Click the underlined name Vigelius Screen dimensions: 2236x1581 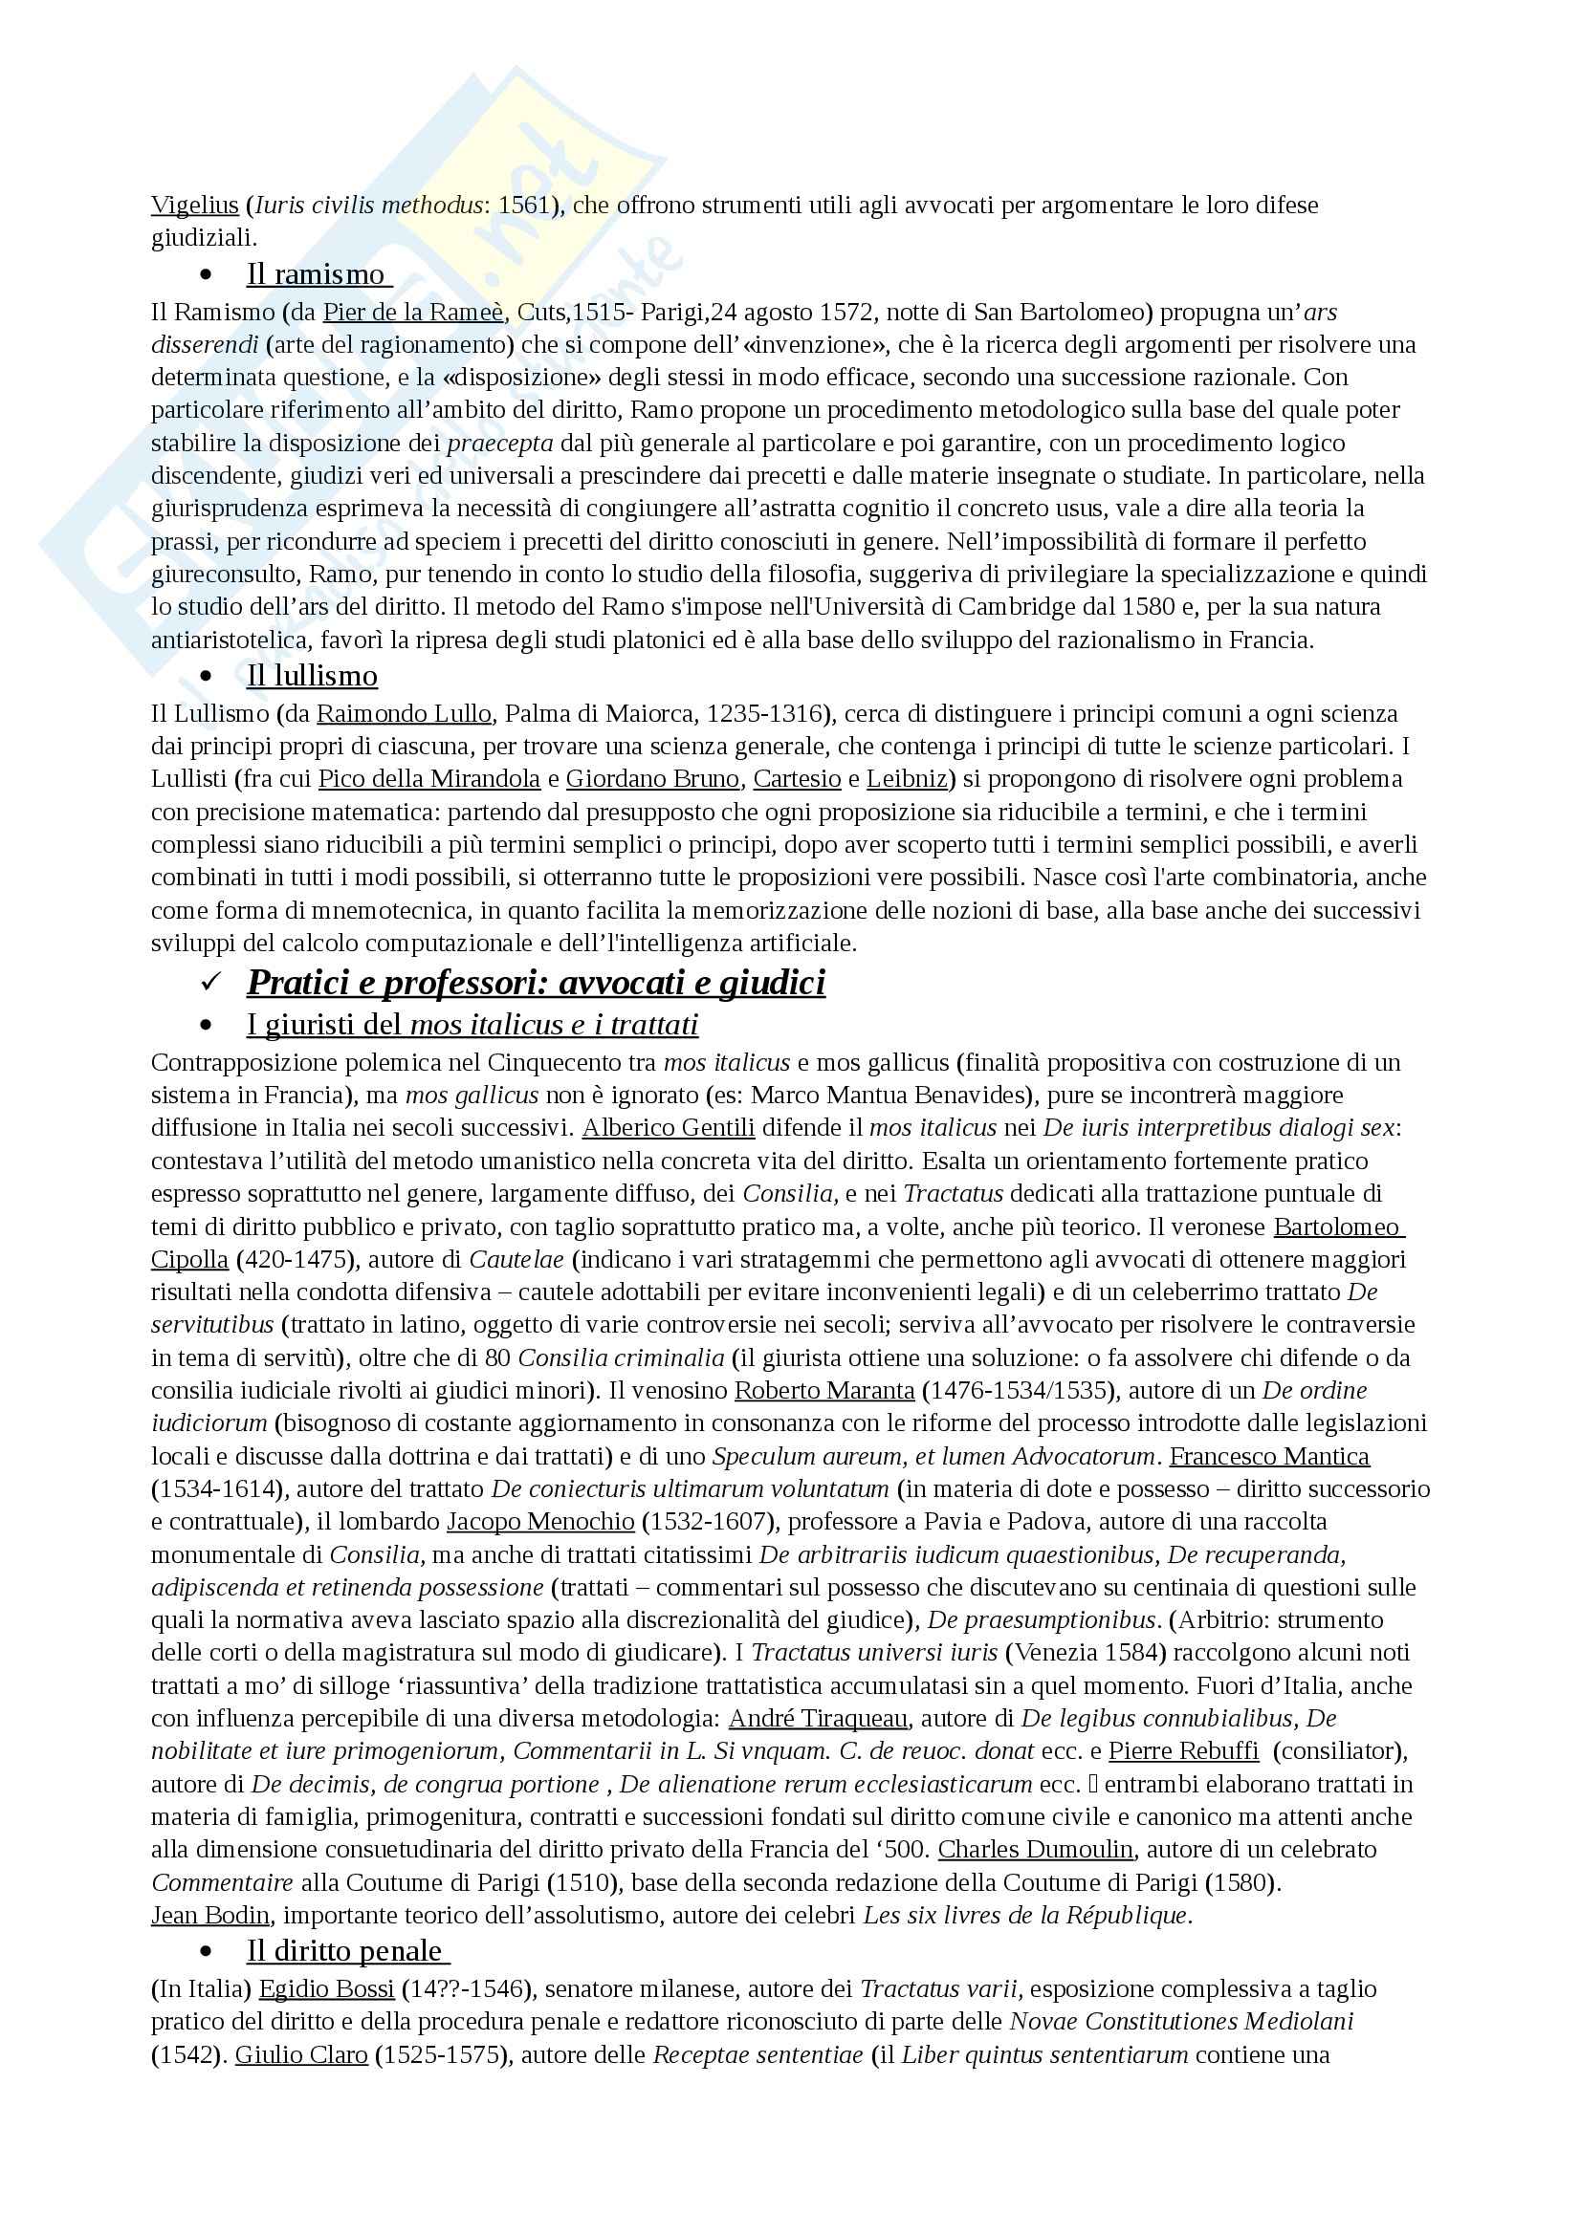coord(195,206)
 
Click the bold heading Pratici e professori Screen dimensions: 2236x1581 coord(536,982)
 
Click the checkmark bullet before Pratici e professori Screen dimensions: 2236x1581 coord(209,983)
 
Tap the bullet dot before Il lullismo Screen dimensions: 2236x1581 coord(206,676)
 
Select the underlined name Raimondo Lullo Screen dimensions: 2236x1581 coord(405,714)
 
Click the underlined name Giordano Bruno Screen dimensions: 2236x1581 coord(652,779)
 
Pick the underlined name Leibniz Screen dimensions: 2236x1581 coord(906,779)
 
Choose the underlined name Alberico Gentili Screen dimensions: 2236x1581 coord(669,1128)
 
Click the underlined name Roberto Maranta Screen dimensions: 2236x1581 coord(824,1390)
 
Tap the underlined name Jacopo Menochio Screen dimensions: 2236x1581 coord(540,1521)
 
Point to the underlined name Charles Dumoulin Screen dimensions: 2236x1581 coord(1036,1850)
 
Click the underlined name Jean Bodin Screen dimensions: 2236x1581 coord(210,1915)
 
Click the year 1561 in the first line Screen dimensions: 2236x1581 coord(525,206)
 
